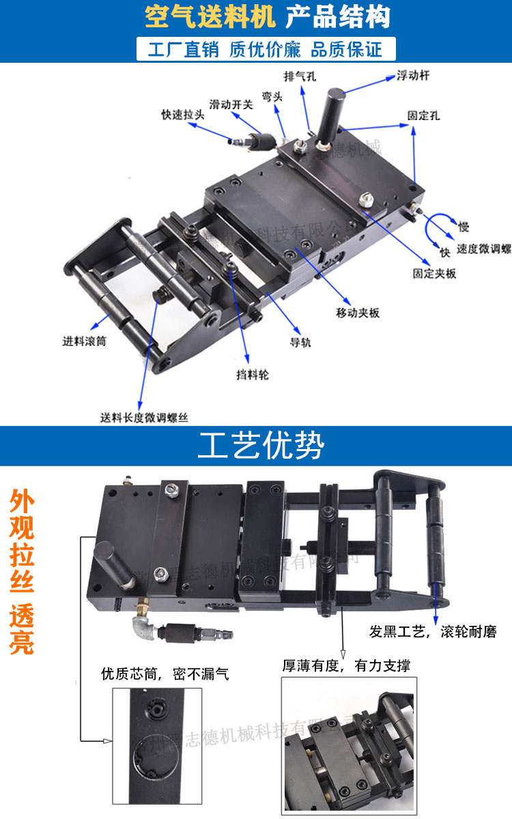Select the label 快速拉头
point(182,114)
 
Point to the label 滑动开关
point(231,104)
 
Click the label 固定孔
point(423,116)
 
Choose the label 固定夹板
point(434,273)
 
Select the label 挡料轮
point(253,375)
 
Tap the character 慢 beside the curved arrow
point(464,227)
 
